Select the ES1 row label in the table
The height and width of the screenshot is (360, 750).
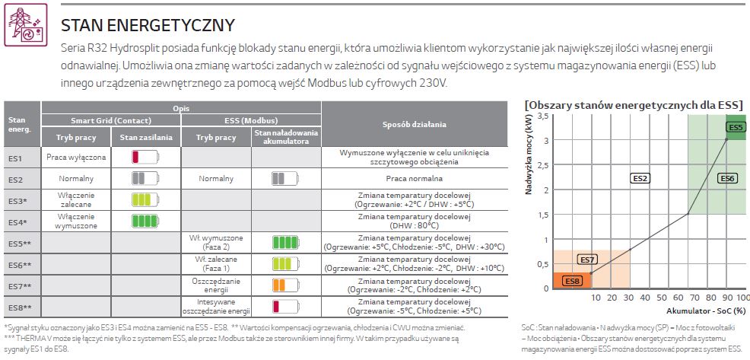16,158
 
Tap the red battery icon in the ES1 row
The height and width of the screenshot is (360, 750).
146,158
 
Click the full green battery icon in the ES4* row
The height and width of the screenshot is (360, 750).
146,221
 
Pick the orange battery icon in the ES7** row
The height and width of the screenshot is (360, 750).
286,285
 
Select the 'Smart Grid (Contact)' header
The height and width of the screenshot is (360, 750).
110,121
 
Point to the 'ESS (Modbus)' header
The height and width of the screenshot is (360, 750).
250,121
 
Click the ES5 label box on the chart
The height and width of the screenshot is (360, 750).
736,128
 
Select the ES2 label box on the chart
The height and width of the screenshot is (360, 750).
640,178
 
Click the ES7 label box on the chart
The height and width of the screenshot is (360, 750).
587,260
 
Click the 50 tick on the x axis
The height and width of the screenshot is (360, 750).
660,297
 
